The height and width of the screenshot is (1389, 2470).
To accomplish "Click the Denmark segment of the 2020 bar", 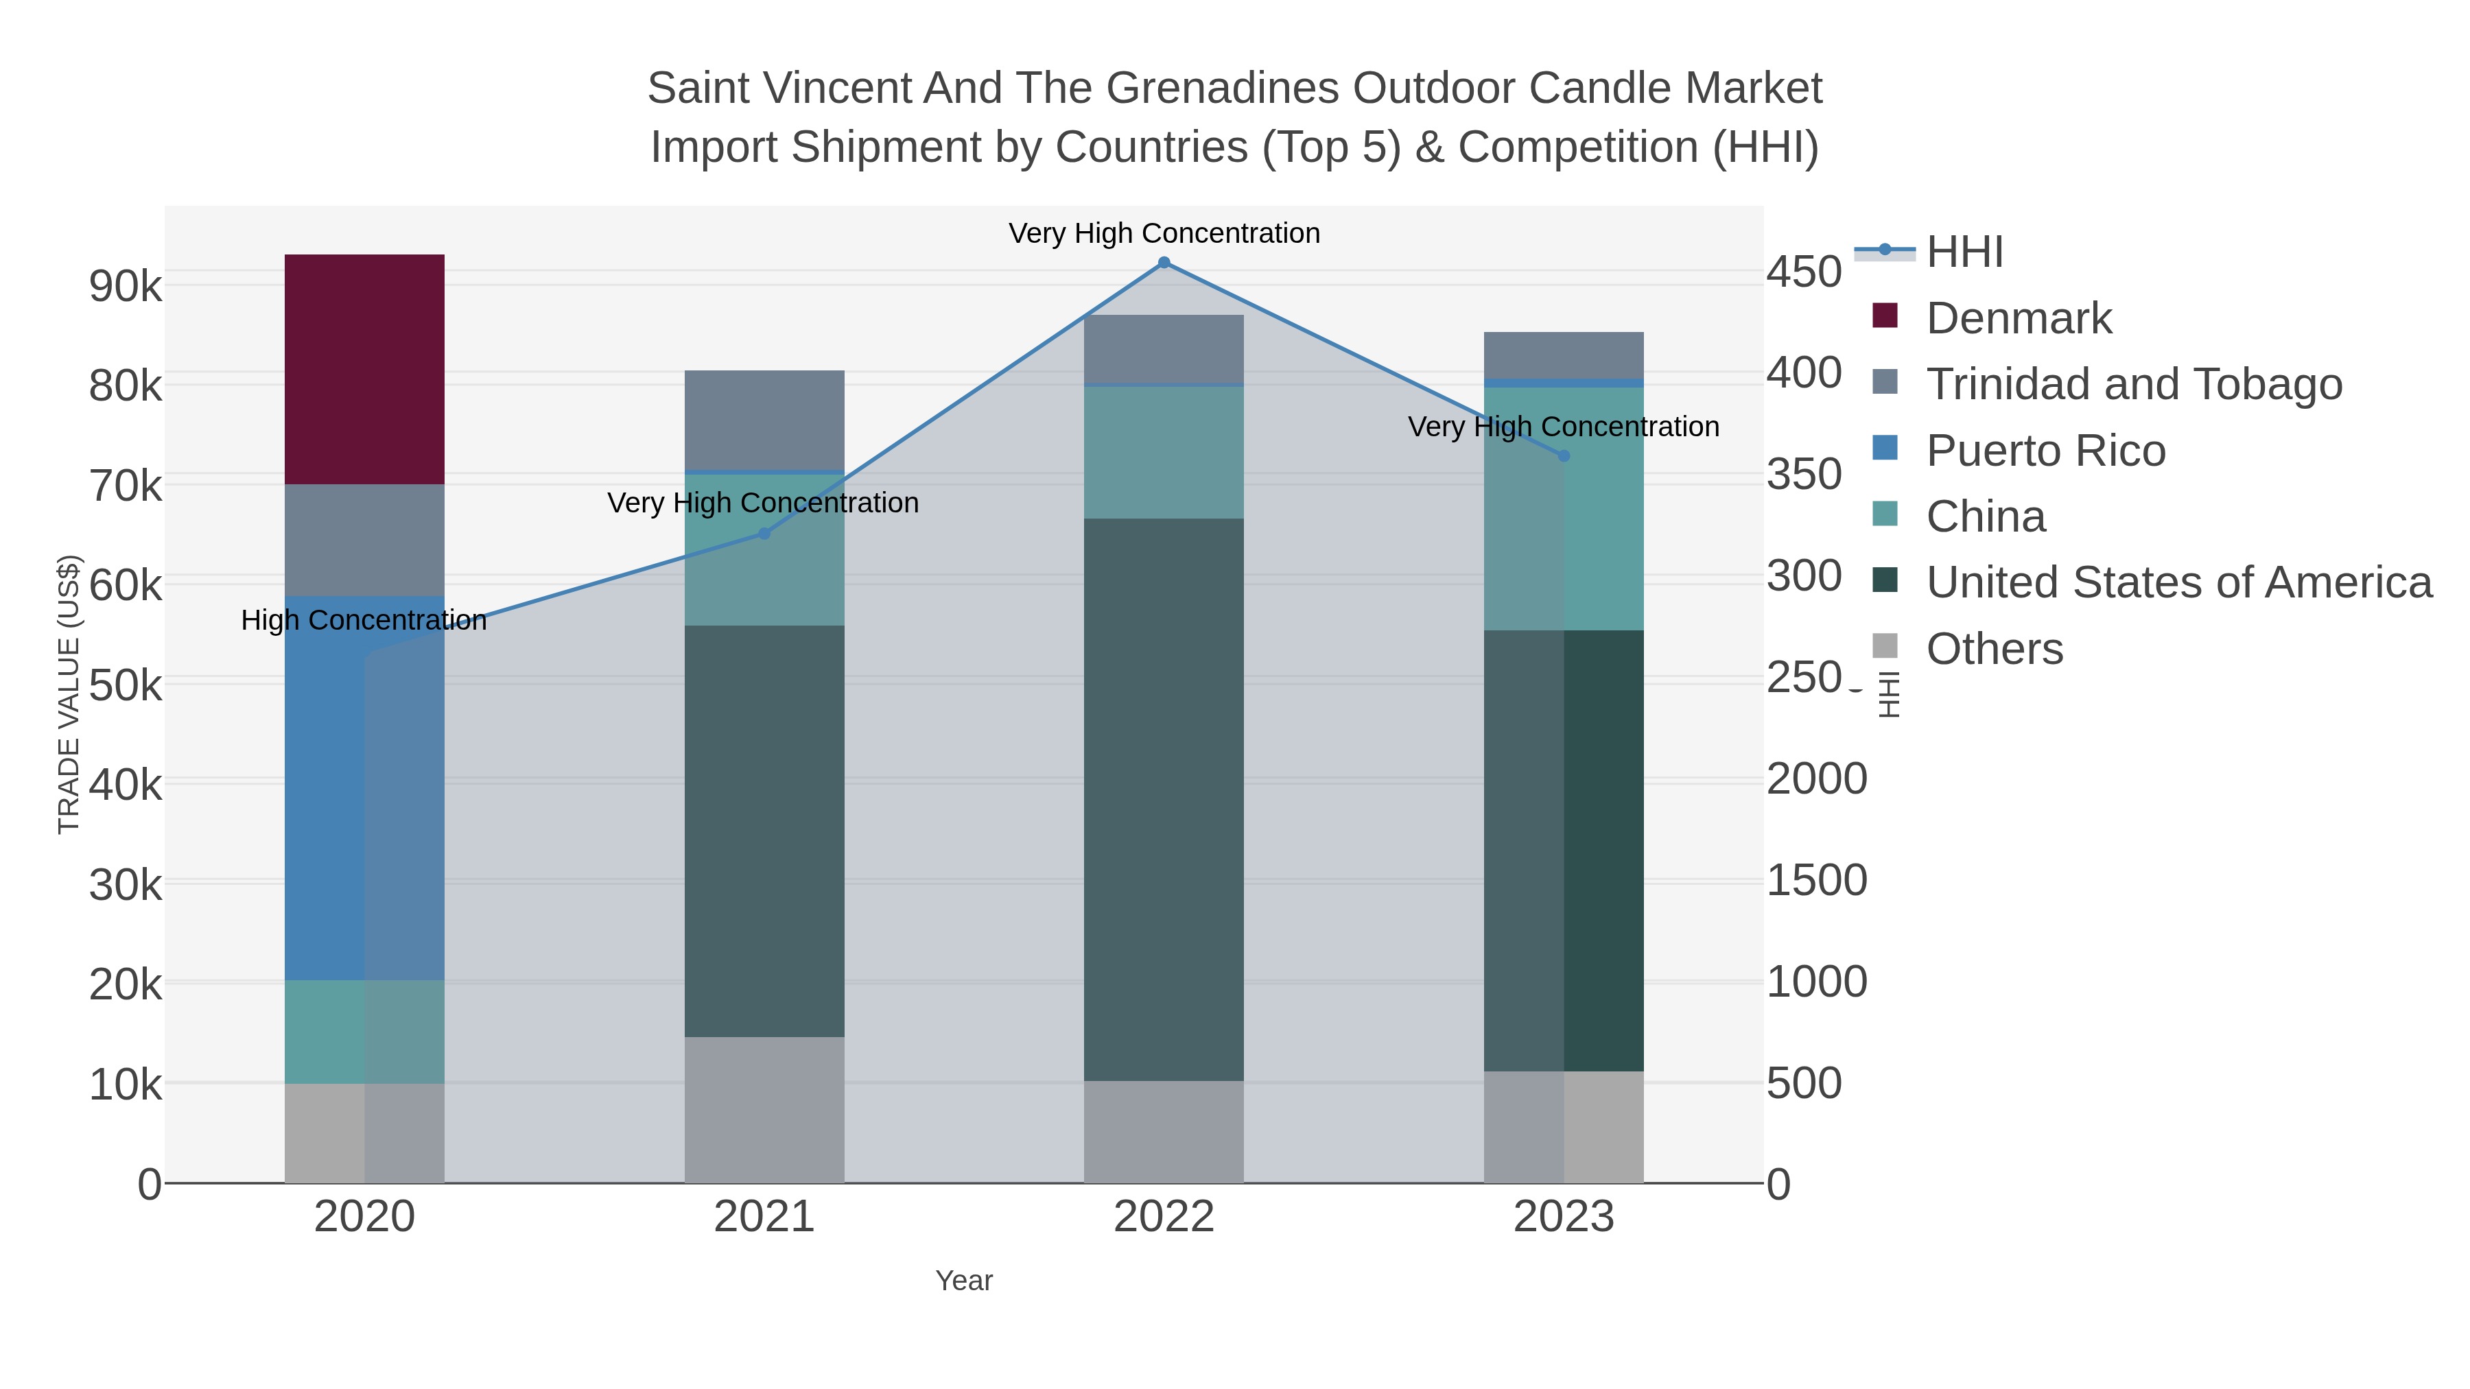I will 364,369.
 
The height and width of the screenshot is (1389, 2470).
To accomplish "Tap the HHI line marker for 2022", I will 1164,263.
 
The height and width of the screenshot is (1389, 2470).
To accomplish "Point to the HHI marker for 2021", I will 764,533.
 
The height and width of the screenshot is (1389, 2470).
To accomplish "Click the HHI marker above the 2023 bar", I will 1564,455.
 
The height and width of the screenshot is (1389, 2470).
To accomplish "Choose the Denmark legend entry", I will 2019,318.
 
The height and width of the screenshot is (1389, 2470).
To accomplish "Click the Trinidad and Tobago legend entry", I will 2133,384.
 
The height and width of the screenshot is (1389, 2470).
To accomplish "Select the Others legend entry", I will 1995,649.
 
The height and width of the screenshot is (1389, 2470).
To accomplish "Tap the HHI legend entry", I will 1965,252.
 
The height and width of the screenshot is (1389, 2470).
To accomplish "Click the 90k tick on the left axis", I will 126,285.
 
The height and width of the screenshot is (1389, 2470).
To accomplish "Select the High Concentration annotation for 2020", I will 364,620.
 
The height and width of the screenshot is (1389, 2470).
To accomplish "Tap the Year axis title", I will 964,1281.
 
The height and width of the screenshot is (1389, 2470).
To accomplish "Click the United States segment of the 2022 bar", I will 1164,800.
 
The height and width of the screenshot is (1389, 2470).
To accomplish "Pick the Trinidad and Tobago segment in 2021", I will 764,420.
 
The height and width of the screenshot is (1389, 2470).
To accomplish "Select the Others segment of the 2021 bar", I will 764,1110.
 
